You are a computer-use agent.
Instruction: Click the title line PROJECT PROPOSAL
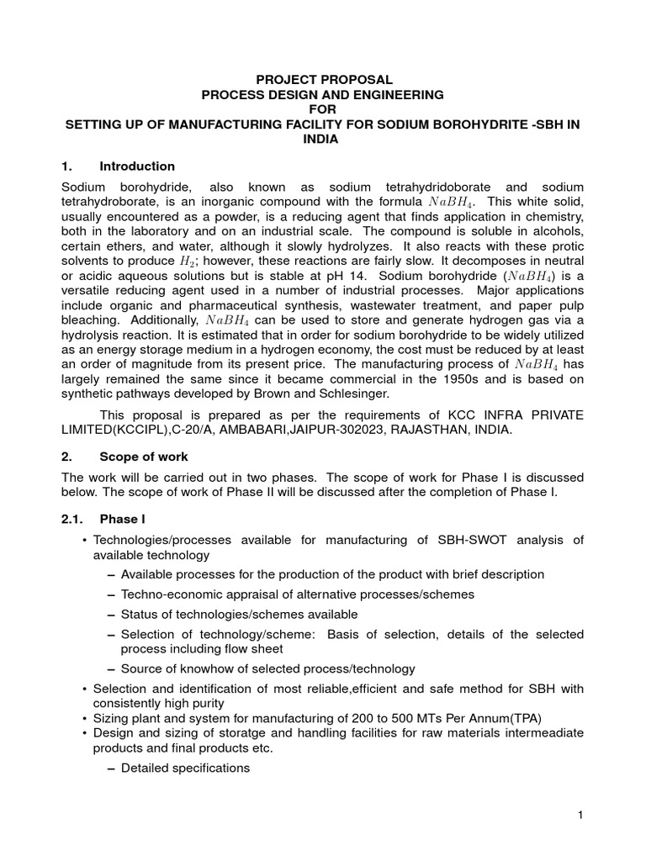click(324, 79)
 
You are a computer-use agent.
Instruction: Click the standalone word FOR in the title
click(324, 109)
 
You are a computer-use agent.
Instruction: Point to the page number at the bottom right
click(580, 814)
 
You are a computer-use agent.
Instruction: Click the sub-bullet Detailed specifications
click(185, 768)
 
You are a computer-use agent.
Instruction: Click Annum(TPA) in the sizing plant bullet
click(502, 718)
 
